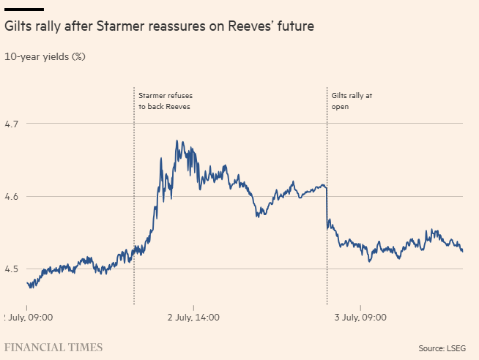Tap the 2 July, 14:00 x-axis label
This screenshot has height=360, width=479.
pos(193,318)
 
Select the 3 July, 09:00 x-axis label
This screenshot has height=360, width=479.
pos(360,318)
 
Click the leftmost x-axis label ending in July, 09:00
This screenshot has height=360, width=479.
pos(28,318)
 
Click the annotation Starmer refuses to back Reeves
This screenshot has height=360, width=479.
pos(165,101)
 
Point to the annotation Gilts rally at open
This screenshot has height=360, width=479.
pos(352,101)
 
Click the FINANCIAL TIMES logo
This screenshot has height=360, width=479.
pos(53,347)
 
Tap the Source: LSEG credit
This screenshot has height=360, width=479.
pos(442,348)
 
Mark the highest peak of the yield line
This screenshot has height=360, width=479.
pos(177,140)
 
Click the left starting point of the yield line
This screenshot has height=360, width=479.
pos(27,283)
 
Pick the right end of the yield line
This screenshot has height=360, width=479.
pos(462,251)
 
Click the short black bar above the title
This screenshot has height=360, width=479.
pos(24,9)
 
